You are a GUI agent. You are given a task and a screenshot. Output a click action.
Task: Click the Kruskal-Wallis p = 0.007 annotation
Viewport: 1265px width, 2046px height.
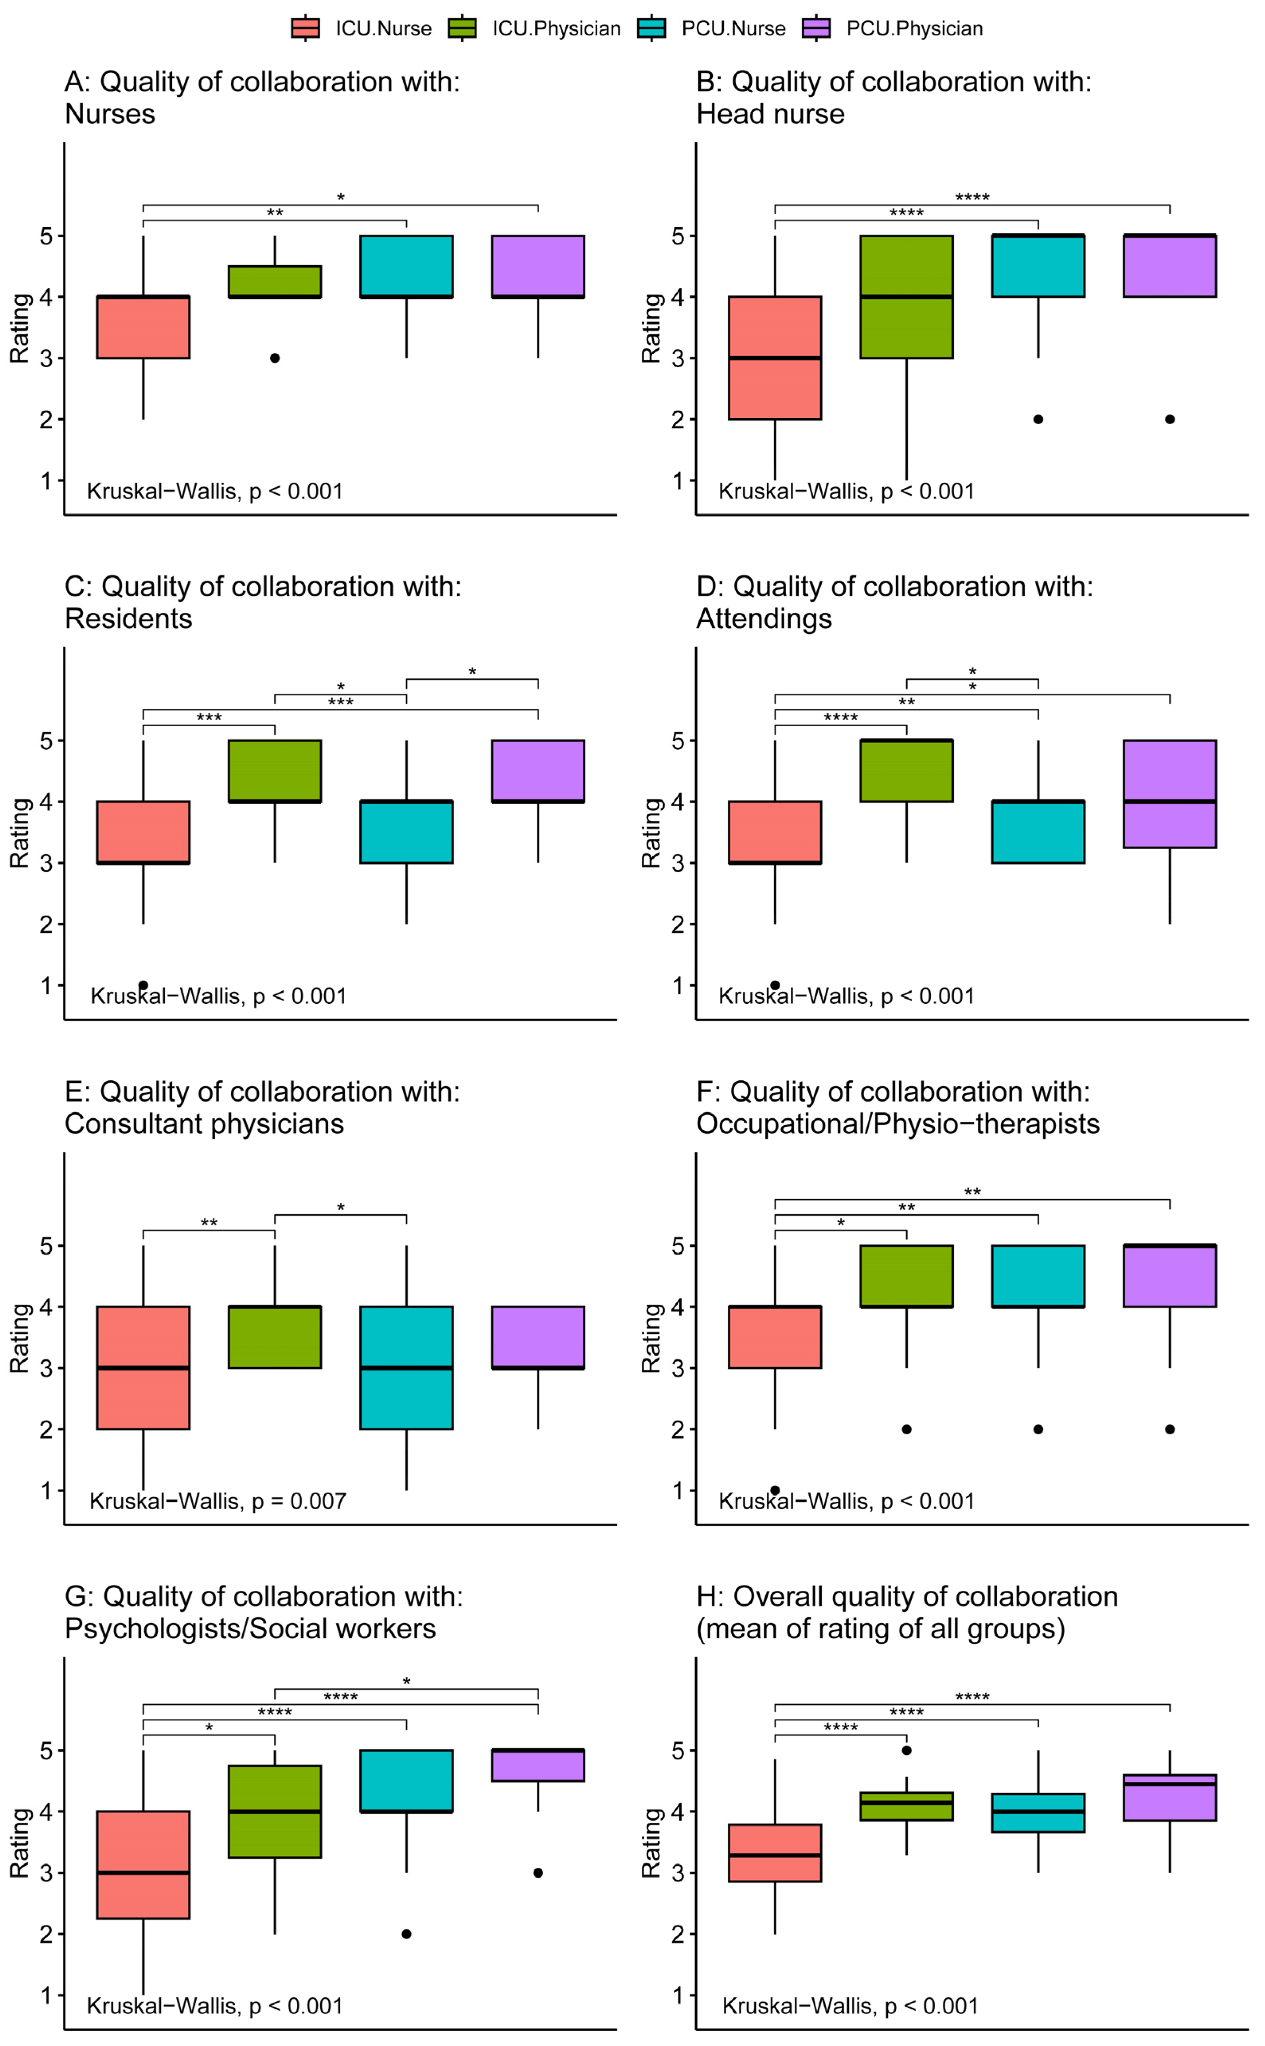point(218,1500)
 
